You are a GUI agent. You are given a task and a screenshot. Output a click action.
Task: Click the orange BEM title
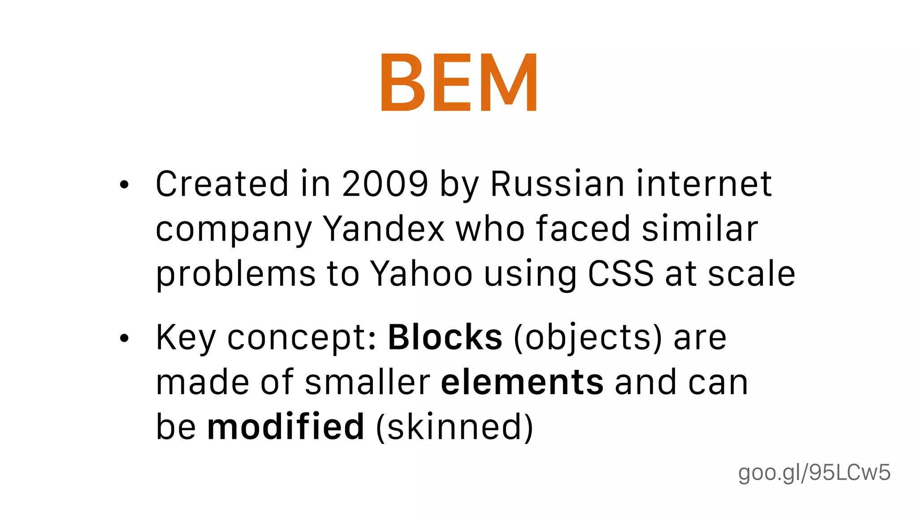pyautogui.click(x=459, y=82)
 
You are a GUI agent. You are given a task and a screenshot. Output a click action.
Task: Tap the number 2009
pyautogui.click(x=385, y=184)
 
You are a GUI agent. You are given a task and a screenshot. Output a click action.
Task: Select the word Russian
pyautogui.click(x=557, y=184)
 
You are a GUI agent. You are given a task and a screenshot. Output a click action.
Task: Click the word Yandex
pyautogui.click(x=384, y=229)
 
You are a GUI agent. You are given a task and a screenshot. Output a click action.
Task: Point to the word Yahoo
pyautogui.click(x=421, y=274)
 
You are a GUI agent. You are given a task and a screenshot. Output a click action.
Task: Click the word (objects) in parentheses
pyautogui.click(x=588, y=337)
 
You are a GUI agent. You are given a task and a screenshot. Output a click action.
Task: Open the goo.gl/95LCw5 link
pyautogui.click(x=814, y=473)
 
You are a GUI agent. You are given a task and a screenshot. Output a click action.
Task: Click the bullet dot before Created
pyautogui.click(x=124, y=185)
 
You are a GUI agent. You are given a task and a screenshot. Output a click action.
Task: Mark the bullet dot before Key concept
pyautogui.click(x=124, y=338)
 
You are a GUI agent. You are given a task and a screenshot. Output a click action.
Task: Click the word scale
pyautogui.click(x=751, y=274)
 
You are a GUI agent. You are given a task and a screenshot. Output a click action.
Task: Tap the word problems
pyautogui.click(x=236, y=275)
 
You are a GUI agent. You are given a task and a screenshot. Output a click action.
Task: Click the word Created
pyautogui.click(x=222, y=184)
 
